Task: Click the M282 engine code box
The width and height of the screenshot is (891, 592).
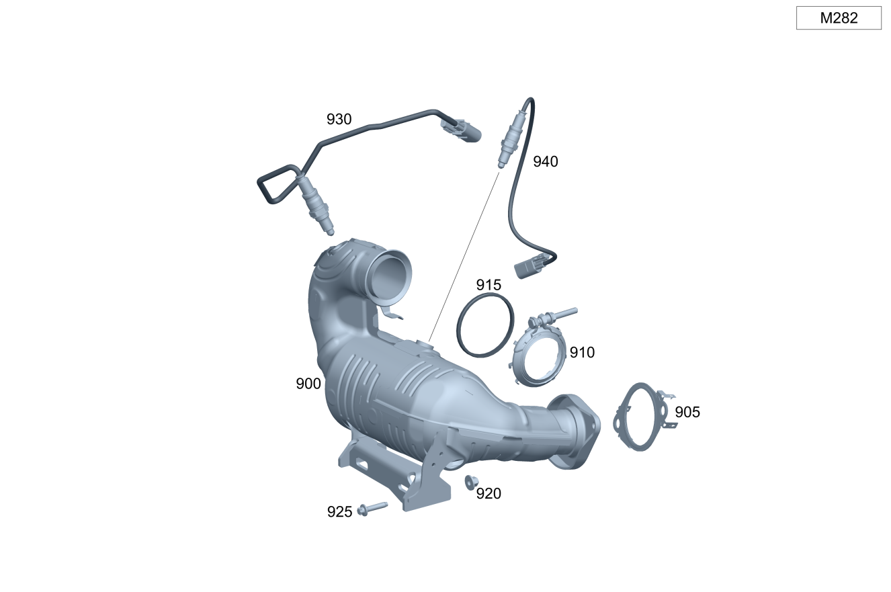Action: coord(839,18)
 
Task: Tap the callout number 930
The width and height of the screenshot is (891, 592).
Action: coord(339,119)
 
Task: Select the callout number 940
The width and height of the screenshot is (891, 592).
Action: coord(546,161)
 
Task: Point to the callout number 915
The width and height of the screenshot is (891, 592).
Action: coord(489,285)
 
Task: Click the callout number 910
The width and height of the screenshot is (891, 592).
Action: coord(582,353)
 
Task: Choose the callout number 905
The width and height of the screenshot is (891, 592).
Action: coord(687,412)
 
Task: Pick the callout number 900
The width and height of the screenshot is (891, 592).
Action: coord(308,384)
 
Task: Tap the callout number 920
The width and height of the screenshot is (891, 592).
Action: coord(489,494)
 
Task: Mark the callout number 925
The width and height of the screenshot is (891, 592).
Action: coord(340,511)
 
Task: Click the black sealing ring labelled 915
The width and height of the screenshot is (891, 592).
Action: coord(458,326)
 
